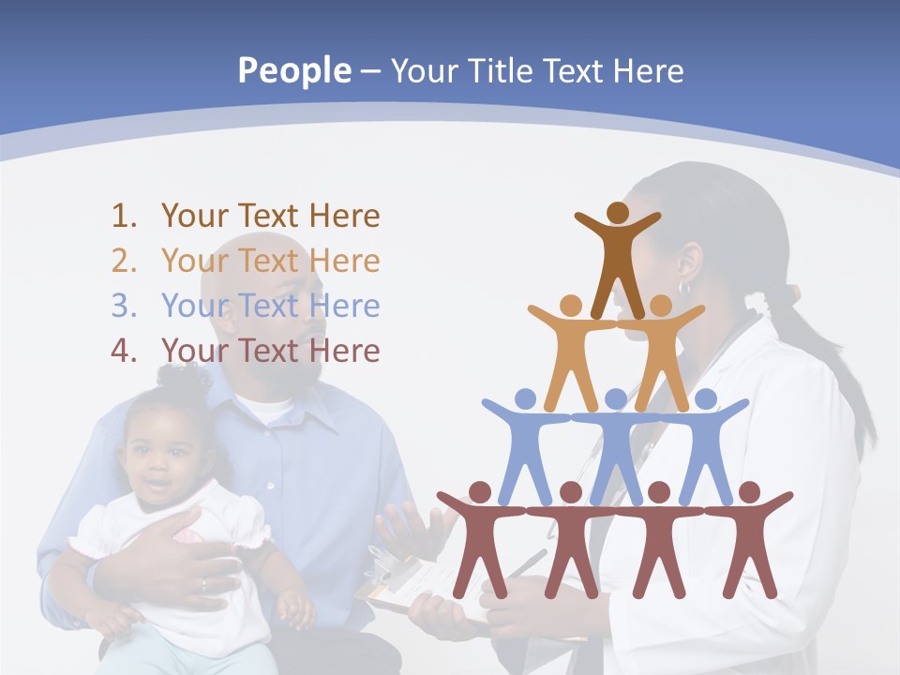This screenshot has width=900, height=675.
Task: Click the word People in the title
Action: coord(293,71)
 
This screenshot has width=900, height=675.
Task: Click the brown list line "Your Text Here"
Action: coord(270,217)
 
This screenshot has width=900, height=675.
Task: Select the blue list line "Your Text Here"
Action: coord(270,307)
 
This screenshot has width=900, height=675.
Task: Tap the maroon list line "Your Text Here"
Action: coord(270,352)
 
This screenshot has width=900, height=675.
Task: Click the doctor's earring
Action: coord(683,289)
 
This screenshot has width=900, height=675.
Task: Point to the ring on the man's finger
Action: coord(203,585)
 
